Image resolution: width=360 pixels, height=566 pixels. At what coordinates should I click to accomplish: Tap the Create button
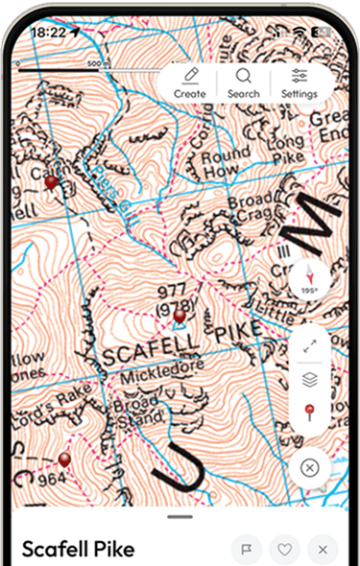(190, 83)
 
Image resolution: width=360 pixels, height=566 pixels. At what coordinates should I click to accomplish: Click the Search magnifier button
(244, 83)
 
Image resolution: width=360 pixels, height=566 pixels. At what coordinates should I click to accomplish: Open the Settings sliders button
(299, 83)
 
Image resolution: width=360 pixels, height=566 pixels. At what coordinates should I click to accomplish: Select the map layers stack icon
(309, 379)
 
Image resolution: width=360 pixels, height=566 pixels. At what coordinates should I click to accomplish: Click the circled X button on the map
(309, 468)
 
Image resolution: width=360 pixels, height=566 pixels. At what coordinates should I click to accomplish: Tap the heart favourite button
(285, 550)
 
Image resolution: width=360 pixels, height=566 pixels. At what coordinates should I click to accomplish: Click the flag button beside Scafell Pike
(247, 550)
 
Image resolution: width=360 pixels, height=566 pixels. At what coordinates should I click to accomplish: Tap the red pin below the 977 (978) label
(179, 317)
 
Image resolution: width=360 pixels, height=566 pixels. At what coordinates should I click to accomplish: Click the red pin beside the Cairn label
(51, 182)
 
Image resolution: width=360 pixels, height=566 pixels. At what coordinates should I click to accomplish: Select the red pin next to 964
(64, 460)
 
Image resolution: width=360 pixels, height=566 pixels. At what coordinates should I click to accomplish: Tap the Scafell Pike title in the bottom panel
(78, 550)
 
